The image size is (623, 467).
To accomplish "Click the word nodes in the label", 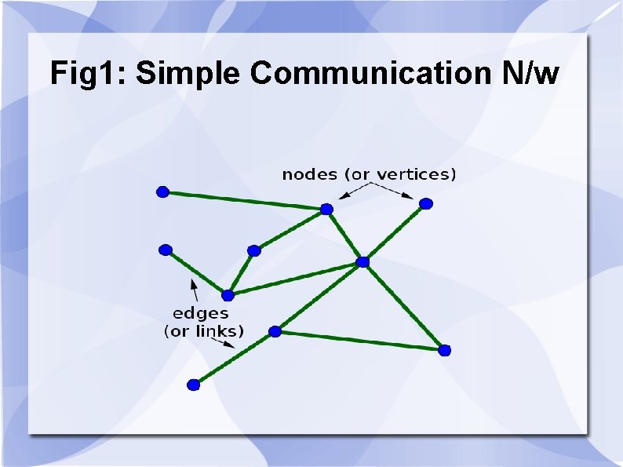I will (x=309, y=174).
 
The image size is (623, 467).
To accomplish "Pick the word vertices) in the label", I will (x=417, y=174).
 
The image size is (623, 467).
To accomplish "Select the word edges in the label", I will (x=201, y=314).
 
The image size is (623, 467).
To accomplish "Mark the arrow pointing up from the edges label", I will (x=193, y=288).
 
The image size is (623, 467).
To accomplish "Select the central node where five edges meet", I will (x=363, y=261).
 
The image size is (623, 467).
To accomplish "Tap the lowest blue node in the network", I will (x=194, y=385).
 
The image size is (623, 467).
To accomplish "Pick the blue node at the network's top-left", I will (x=162, y=192).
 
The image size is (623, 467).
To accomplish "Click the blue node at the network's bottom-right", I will (x=444, y=349).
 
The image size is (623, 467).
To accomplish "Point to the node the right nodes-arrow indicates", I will (x=425, y=204).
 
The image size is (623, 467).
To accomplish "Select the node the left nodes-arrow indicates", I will (x=326, y=209).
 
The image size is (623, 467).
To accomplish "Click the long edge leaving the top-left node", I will (x=243, y=200).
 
